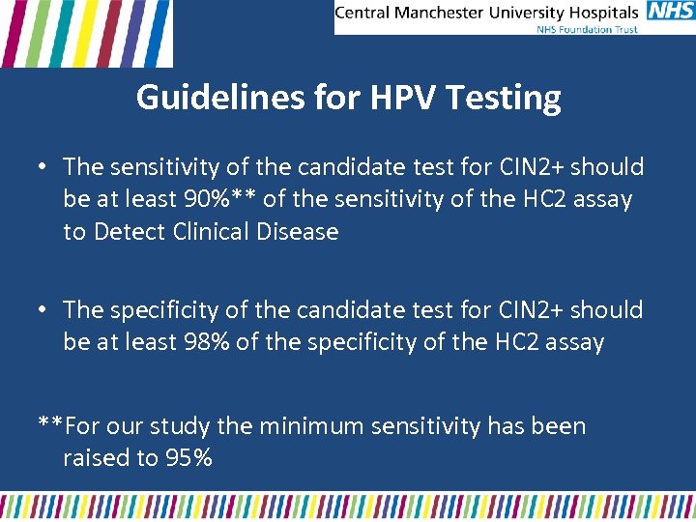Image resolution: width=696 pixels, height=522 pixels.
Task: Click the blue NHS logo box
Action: (670, 12)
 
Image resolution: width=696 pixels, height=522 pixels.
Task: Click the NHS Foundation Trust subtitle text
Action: (587, 29)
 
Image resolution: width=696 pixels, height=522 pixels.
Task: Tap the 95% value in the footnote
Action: (189, 458)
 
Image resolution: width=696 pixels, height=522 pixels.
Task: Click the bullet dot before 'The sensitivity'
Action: (43, 167)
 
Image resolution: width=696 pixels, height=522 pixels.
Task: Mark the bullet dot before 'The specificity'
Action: (43, 310)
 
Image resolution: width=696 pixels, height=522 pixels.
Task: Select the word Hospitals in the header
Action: (605, 13)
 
